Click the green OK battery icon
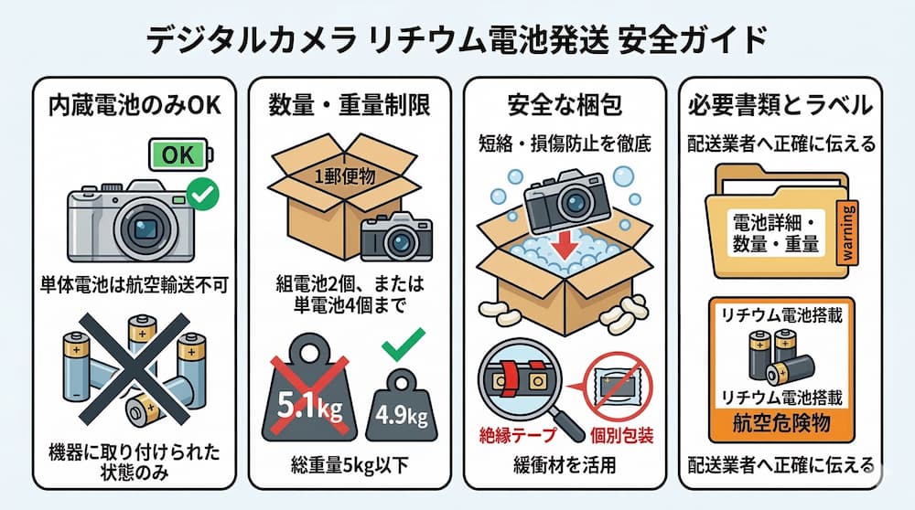[180, 154]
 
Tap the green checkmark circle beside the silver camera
[202, 195]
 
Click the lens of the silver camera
[145, 228]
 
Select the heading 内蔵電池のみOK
[135, 105]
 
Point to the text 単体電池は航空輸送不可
[135, 285]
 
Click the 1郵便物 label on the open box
[344, 176]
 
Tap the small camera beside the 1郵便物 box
[396, 237]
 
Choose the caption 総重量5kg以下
[350, 465]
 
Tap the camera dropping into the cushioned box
[567, 197]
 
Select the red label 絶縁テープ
[518, 435]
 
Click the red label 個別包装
[621, 435]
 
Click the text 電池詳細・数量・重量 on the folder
[776, 233]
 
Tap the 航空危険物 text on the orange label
[781, 423]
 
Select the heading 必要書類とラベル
[780, 105]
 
